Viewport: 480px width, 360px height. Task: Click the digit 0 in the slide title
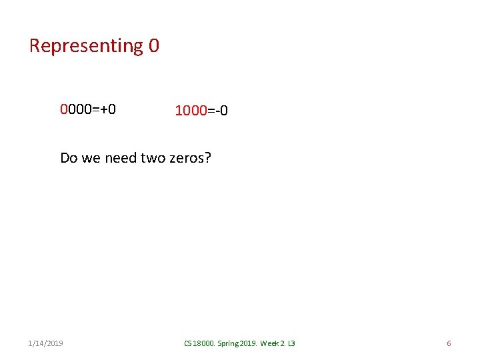tap(154, 46)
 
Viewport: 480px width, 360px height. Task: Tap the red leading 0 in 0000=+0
tap(64, 109)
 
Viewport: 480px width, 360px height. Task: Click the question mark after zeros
tap(207, 158)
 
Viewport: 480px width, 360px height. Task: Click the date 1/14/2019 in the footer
tap(46, 343)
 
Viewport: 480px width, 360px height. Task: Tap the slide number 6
tap(449, 343)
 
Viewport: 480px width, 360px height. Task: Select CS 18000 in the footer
tap(198, 343)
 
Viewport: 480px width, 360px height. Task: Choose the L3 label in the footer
tap(291, 343)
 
